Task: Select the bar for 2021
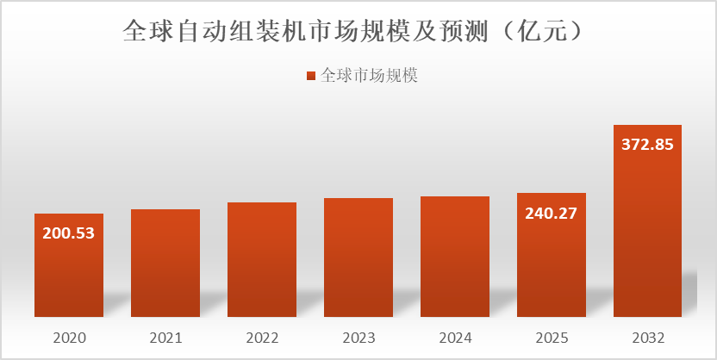pos(165,263)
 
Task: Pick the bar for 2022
pos(262,259)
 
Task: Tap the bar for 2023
pos(358,258)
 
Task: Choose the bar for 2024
pos(455,257)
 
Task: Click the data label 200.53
pos(69,233)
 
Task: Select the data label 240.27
pos(552,213)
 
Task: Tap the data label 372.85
pos(647,145)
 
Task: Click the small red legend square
pos(311,77)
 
